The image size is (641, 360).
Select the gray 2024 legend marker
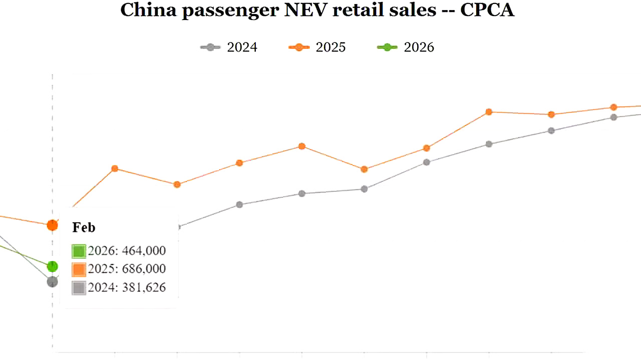point(210,48)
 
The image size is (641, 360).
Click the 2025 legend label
point(331,48)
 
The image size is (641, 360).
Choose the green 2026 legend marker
point(387,48)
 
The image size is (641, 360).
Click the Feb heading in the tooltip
point(84,227)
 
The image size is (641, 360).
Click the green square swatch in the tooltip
point(79,251)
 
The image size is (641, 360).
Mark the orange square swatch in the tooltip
point(79,270)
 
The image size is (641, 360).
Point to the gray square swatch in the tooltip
point(79,288)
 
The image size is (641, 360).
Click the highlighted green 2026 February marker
point(53,266)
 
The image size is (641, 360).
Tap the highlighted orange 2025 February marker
point(53,225)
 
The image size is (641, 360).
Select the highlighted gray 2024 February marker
point(53,282)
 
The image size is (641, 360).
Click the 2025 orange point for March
point(115,168)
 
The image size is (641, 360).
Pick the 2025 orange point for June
point(302,146)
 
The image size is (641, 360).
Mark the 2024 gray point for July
point(364,189)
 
